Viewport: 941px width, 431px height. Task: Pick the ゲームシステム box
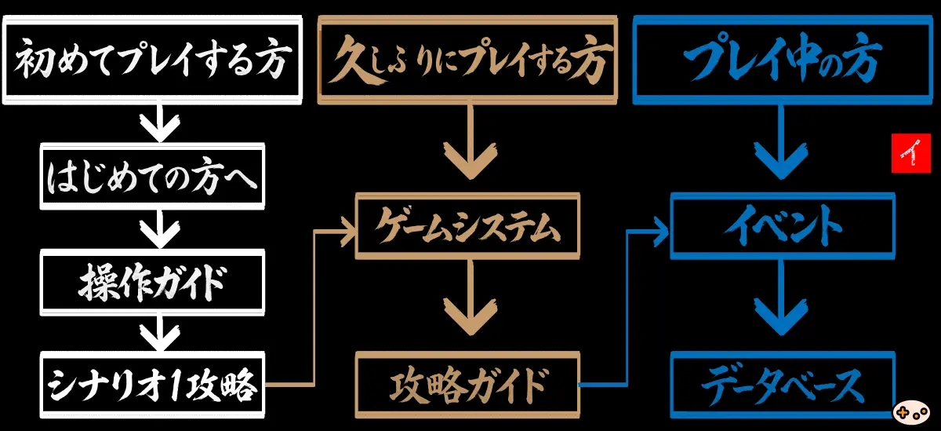tap(469, 228)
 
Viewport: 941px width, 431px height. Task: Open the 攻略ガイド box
tap(469, 385)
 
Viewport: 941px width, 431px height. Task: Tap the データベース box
tap(783, 385)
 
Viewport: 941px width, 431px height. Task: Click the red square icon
tap(910, 153)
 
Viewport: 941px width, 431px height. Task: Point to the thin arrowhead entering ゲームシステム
tap(345, 230)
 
